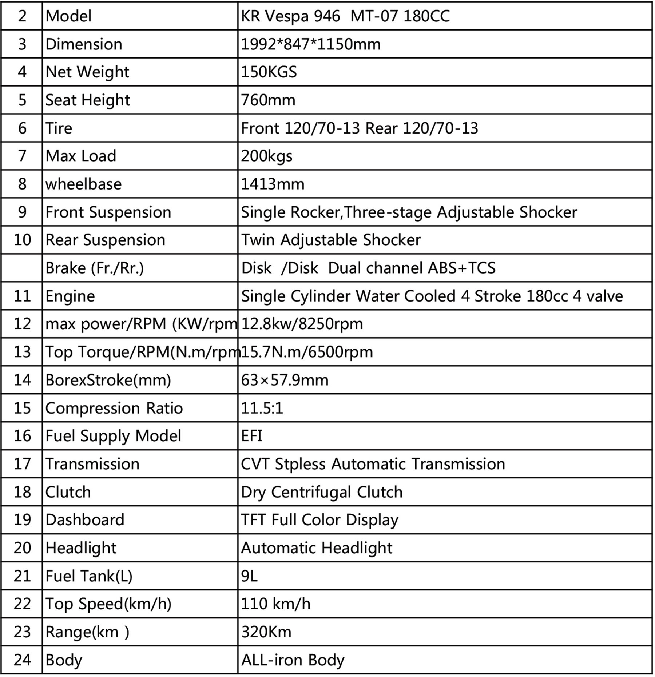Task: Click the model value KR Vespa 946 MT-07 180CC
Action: click(x=345, y=16)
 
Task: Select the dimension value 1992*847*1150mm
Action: click(x=311, y=44)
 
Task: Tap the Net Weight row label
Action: click(x=87, y=72)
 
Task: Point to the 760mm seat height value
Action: click(x=268, y=100)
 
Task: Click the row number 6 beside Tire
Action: click(x=22, y=128)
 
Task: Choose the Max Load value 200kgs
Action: click(x=267, y=156)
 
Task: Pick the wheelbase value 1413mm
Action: click(x=273, y=184)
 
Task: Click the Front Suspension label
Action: click(x=108, y=212)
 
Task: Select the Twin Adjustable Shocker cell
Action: click(x=331, y=240)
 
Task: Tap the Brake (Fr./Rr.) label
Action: click(x=95, y=268)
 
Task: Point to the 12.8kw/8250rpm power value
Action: click(x=302, y=324)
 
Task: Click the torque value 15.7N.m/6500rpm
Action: click(x=307, y=352)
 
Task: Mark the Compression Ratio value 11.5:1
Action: click(x=262, y=408)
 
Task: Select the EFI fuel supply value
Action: click(x=251, y=436)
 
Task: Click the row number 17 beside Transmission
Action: click(x=22, y=464)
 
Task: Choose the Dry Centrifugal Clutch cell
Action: click(x=322, y=492)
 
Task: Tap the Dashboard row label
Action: click(x=85, y=520)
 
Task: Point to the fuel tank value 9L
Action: click(x=249, y=576)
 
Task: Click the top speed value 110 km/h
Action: click(x=275, y=604)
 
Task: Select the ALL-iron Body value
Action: click(x=293, y=660)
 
